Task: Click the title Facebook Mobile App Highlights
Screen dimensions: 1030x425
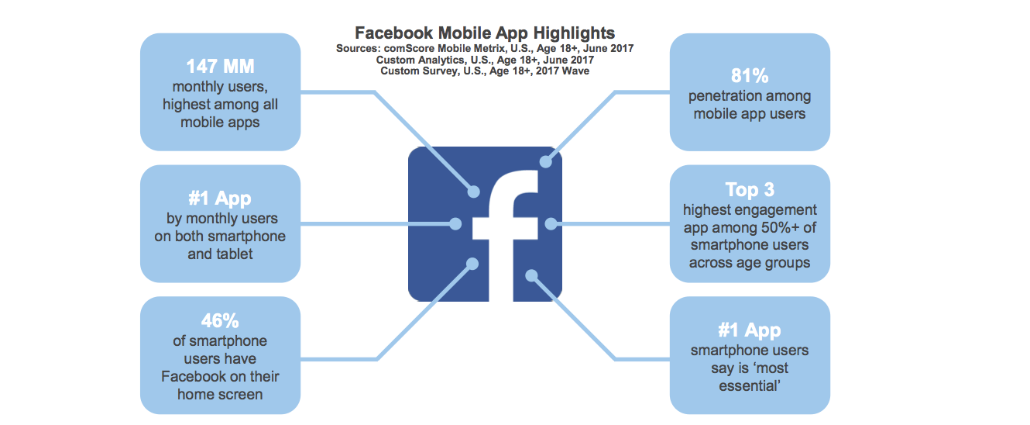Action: point(485,33)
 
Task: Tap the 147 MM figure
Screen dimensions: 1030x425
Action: point(220,66)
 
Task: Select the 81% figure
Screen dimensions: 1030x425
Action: point(750,76)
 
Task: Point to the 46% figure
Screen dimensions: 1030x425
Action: point(220,321)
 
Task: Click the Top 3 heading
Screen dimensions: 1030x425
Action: point(750,190)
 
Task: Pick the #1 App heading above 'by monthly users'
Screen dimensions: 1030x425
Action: point(220,199)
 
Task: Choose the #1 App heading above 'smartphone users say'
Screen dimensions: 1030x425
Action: point(750,330)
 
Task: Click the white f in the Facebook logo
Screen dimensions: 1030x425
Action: point(506,235)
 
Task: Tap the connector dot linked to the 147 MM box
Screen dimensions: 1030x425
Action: point(474,192)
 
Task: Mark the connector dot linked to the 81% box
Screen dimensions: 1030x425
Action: point(546,161)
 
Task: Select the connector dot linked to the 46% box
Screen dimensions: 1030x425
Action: point(472,264)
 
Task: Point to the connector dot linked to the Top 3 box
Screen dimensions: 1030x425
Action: point(551,224)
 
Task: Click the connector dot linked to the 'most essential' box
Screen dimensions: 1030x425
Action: point(531,276)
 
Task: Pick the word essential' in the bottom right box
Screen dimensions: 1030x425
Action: point(750,386)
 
